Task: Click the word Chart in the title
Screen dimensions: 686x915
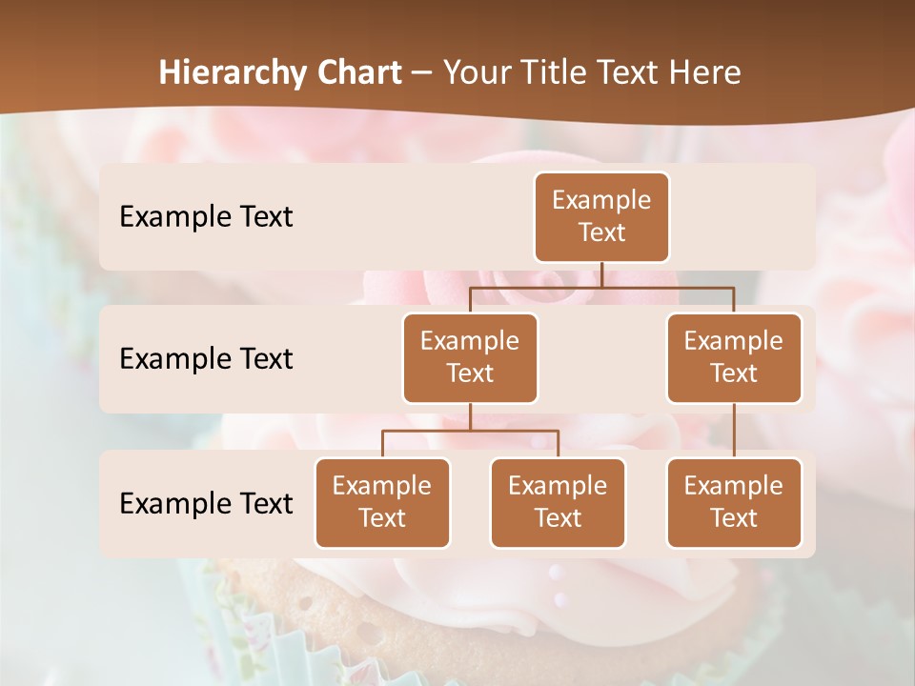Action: tap(358, 72)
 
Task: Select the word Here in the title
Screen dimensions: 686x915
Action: tap(705, 72)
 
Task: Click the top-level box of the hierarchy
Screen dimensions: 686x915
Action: tap(601, 216)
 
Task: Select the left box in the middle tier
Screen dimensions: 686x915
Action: tap(470, 357)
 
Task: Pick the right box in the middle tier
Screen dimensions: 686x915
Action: tap(734, 357)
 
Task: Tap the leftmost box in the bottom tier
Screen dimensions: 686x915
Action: tap(382, 502)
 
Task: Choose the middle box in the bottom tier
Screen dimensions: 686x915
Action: tap(558, 502)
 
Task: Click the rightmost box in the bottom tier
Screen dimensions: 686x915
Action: tap(734, 502)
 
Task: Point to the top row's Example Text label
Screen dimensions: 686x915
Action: tap(206, 216)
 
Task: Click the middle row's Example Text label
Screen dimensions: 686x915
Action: tap(206, 358)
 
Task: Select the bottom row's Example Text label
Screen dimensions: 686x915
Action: tap(206, 503)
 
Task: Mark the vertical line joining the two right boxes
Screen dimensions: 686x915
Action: tap(734, 431)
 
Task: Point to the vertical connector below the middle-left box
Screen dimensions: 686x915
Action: tap(470, 416)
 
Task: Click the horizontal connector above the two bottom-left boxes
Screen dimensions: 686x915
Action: tap(470, 431)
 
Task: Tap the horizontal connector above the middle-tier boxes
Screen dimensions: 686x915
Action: tap(601, 287)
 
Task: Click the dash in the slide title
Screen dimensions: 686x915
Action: tap(422, 73)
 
